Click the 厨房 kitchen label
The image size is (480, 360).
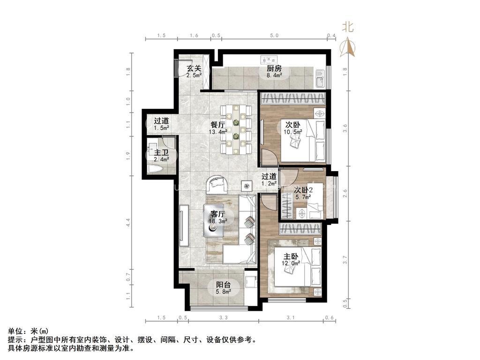point(274,68)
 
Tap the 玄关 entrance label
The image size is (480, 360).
point(194,68)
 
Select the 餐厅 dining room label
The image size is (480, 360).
point(217,125)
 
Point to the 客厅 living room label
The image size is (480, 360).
point(217,213)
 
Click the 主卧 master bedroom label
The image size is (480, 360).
point(291,256)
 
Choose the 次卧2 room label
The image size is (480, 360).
point(303,190)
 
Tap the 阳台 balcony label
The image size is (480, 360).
point(224,285)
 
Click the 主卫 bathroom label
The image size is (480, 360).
point(161,152)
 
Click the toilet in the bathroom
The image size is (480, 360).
point(155,169)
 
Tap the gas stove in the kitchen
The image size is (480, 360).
point(269,59)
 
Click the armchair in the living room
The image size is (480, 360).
point(217,185)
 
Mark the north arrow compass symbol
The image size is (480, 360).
point(347,47)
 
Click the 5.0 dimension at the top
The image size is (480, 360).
point(274,36)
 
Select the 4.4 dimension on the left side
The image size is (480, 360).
point(128,223)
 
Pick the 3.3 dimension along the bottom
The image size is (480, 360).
point(224,317)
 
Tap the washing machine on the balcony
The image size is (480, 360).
point(250,281)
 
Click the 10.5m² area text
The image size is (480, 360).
point(293,132)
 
